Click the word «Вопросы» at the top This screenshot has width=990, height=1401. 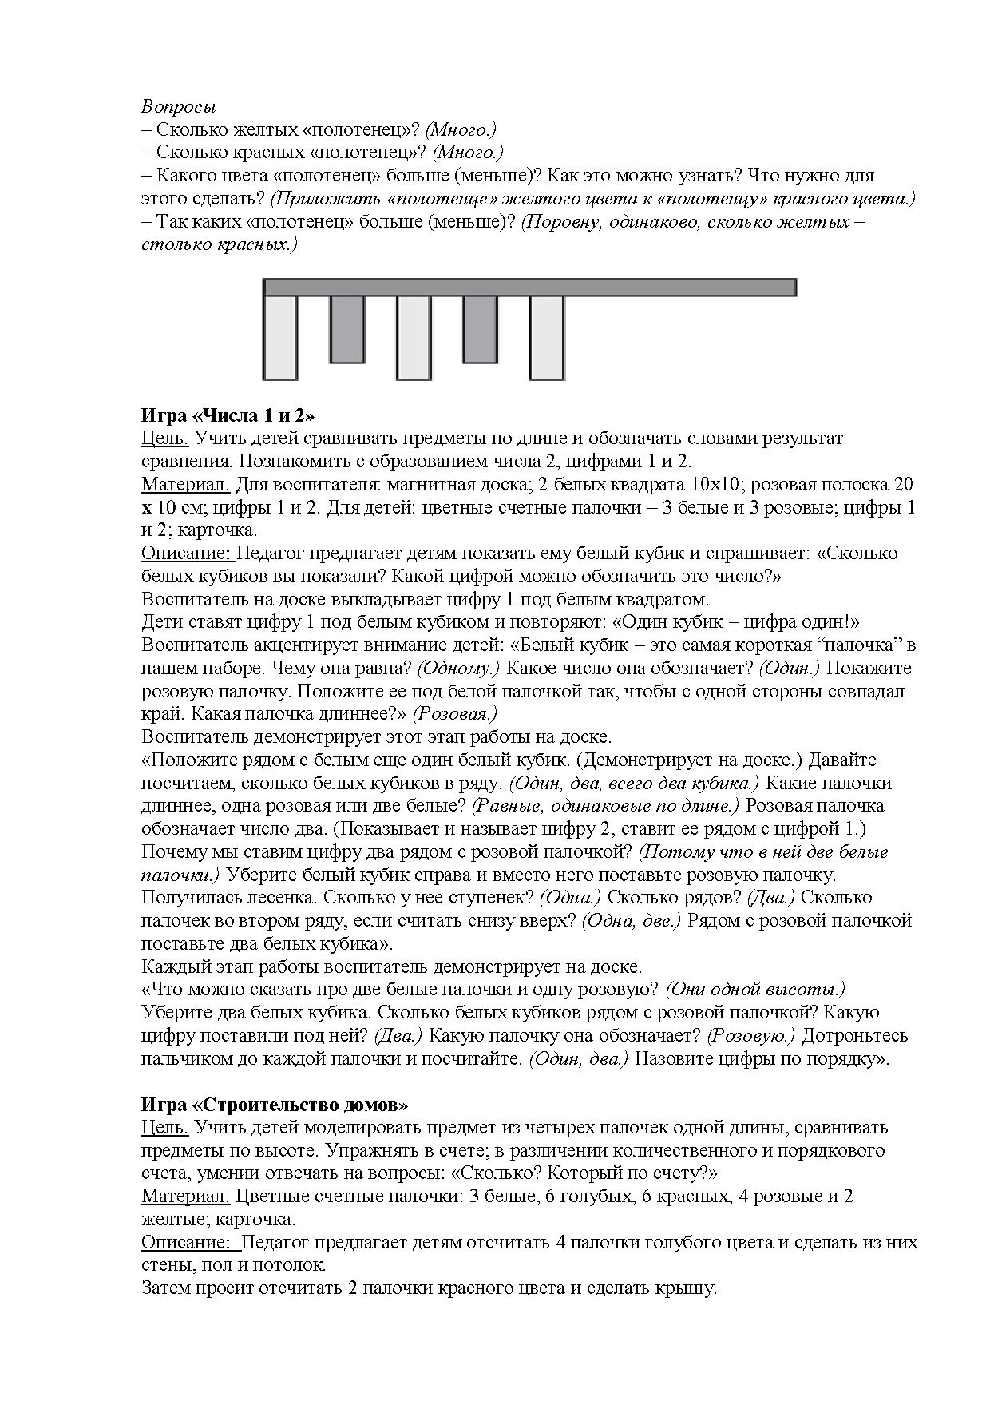point(179,106)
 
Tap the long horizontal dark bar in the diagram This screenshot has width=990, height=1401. point(529,288)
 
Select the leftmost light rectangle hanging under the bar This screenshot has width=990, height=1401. point(280,337)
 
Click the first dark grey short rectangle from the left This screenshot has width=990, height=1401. point(346,328)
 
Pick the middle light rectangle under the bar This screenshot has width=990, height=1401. point(414,337)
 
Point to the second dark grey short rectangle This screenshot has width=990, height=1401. point(480,328)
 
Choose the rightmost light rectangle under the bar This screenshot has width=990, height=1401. point(547,337)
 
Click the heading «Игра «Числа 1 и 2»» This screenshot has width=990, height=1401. point(228,415)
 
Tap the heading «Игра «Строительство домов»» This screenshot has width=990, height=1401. point(275,1105)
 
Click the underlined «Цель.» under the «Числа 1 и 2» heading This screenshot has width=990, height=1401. point(165,439)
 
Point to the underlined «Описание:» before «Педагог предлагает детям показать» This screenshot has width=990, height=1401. point(187,554)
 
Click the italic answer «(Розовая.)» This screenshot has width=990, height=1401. point(457,714)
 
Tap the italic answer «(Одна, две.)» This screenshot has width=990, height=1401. point(631,921)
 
